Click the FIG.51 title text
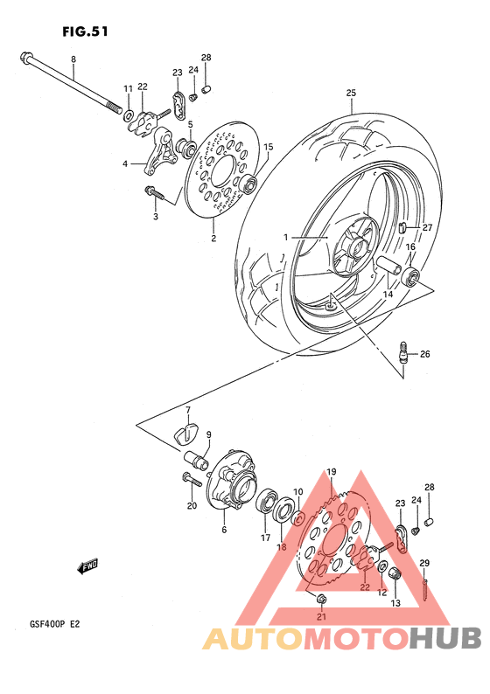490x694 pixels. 85,31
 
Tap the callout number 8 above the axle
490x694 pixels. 73,59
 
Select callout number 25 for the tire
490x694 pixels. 351,93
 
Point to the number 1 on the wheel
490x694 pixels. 284,237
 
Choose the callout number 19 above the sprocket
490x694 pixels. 332,473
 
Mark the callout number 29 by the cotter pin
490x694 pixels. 424,562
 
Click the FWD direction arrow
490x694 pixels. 87,568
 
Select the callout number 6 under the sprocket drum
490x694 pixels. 223,530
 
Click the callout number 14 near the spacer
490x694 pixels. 386,295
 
